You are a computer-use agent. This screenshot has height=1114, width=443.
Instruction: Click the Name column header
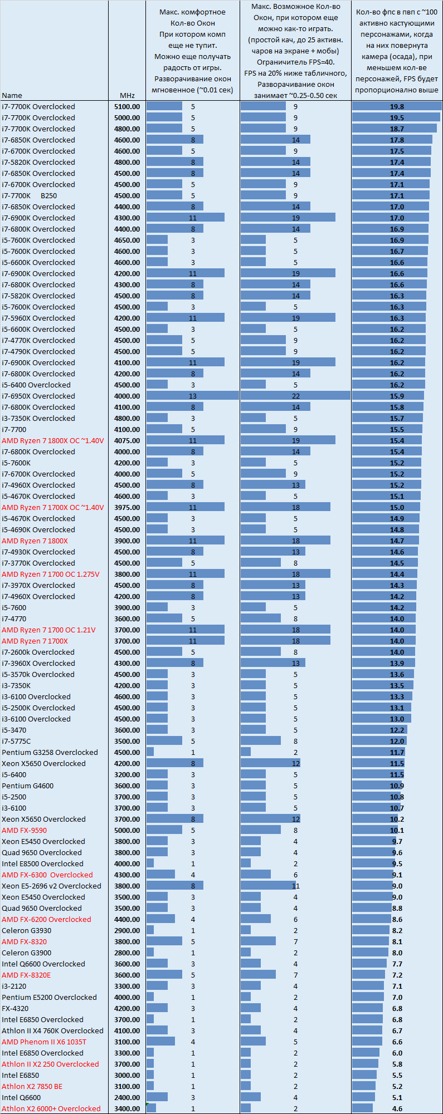12,95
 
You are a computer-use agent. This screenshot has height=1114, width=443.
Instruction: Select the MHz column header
127,95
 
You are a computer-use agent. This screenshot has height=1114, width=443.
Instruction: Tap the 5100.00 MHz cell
127,106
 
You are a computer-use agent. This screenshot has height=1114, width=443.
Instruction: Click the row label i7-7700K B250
29,195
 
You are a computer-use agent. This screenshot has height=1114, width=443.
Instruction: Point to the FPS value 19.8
397,106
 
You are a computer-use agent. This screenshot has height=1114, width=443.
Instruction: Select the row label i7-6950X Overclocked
38,396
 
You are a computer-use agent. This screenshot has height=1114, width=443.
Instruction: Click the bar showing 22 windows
295,396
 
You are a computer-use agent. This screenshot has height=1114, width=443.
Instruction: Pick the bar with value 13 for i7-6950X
192,396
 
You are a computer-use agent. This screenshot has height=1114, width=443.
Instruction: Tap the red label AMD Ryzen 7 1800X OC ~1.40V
52,440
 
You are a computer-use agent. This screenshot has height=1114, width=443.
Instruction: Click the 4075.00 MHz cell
127,440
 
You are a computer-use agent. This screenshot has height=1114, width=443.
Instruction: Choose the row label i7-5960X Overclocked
38,318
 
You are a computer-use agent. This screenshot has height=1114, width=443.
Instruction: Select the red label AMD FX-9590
24,830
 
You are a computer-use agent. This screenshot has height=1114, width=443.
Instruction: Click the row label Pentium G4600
27,786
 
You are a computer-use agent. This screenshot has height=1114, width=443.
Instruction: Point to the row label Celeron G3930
26,930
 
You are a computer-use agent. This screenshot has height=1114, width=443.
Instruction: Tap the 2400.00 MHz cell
127,1097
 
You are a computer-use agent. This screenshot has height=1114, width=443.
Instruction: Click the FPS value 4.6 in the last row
397,1108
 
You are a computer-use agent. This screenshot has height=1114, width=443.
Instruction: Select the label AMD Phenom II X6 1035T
44,1042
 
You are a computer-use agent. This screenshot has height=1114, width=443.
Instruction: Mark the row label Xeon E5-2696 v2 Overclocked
51,886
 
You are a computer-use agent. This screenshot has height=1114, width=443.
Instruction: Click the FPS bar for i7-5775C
379,741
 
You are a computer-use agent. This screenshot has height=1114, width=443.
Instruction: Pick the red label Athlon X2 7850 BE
32,1086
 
